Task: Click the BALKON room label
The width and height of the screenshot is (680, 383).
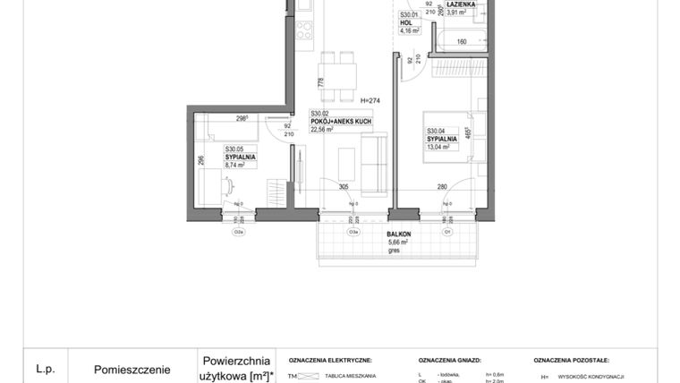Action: tap(399, 234)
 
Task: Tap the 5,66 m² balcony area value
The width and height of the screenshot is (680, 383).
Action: tap(398, 243)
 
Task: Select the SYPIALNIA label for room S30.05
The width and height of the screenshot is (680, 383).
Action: tap(241, 157)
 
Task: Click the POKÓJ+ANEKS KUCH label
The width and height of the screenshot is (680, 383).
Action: tap(342, 121)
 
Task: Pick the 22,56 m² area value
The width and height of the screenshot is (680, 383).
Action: tap(322, 129)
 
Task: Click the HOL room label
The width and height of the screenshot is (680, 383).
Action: tap(405, 23)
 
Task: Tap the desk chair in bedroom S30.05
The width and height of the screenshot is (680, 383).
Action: tap(230, 187)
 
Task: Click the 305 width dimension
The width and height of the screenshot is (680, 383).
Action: tap(344, 186)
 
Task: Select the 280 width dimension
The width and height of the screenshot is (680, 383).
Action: tap(442, 186)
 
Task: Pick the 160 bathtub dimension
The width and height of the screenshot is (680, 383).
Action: tap(463, 41)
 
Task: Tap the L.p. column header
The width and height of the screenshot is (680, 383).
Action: tap(46, 368)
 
